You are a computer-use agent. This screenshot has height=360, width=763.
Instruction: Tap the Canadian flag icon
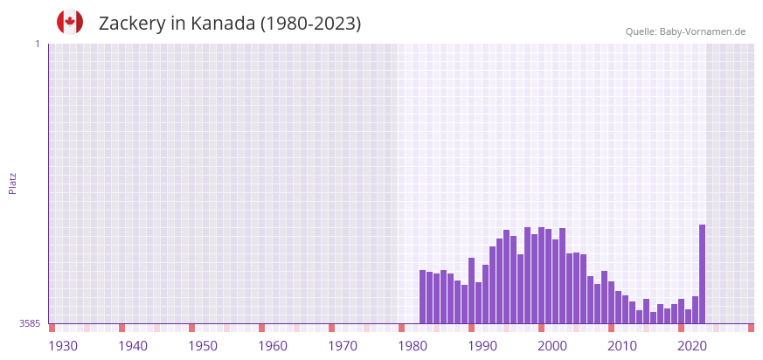pyautogui.click(x=70, y=22)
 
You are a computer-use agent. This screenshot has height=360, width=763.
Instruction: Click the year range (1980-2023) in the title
pyautogui.click(x=310, y=24)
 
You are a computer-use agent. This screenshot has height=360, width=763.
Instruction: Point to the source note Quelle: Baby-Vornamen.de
pyautogui.click(x=685, y=31)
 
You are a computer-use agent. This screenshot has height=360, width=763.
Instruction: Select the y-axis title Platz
pyautogui.click(x=13, y=183)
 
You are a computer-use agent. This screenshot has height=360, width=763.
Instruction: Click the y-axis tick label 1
pyautogui.click(x=37, y=44)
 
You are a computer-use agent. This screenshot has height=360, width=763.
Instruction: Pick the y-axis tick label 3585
pyautogui.click(x=30, y=323)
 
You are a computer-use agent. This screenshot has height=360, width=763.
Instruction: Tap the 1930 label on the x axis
pyautogui.click(x=63, y=346)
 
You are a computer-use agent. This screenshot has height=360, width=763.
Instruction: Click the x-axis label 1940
pyautogui.click(x=133, y=346)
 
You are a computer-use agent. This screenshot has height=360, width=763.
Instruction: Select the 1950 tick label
pyautogui.click(x=203, y=346)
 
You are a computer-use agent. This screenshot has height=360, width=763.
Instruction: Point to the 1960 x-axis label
pyautogui.click(x=273, y=346)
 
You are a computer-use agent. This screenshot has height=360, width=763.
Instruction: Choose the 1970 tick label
pyautogui.click(x=343, y=346)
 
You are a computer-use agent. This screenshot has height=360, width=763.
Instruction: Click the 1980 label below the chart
pyautogui.click(x=413, y=346)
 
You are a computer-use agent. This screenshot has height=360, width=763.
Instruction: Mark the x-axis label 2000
pyautogui.click(x=552, y=346)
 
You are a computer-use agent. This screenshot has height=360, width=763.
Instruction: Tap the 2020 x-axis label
pyautogui.click(x=692, y=346)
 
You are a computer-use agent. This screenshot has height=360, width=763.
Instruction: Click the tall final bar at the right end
pyautogui.click(x=702, y=273)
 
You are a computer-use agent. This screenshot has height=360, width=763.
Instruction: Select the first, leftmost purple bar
pyautogui.click(x=422, y=296)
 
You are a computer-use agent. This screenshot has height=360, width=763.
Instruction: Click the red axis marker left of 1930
pyautogui.click(x=52, y=328)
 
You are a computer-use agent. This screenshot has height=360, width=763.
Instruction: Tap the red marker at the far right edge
pyautogui.click(x=751, y=328)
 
